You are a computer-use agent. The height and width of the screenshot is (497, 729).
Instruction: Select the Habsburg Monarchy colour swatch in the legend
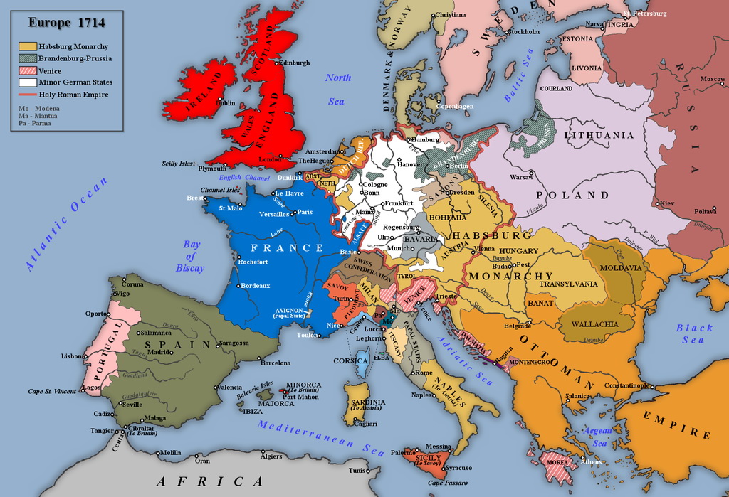coord(28,46)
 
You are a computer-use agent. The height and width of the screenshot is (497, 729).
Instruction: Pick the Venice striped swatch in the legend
coord(28,70)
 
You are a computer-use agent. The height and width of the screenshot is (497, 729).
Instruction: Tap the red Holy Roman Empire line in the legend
coord(28,95)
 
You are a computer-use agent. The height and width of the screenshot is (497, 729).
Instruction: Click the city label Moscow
coord(712,78)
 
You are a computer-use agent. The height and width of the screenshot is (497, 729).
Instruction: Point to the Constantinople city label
coord(628,386)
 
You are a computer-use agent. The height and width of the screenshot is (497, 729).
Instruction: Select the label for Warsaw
coord(521,176)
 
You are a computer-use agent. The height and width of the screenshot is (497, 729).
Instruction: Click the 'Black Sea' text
coord(694,333)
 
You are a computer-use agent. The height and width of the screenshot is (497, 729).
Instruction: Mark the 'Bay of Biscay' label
coord(191,256)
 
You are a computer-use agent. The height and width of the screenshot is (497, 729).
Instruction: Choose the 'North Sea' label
coord(337,89)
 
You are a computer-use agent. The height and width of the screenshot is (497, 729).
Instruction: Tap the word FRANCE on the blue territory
coord(282,248)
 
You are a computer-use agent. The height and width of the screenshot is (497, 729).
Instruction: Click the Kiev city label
coord(667,203)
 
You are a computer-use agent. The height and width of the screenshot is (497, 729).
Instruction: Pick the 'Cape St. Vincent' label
coord(52,391)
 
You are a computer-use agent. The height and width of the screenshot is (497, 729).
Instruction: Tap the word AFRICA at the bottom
coord(210,481)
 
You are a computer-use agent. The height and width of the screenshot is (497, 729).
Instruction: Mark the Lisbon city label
coord(72,356)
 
